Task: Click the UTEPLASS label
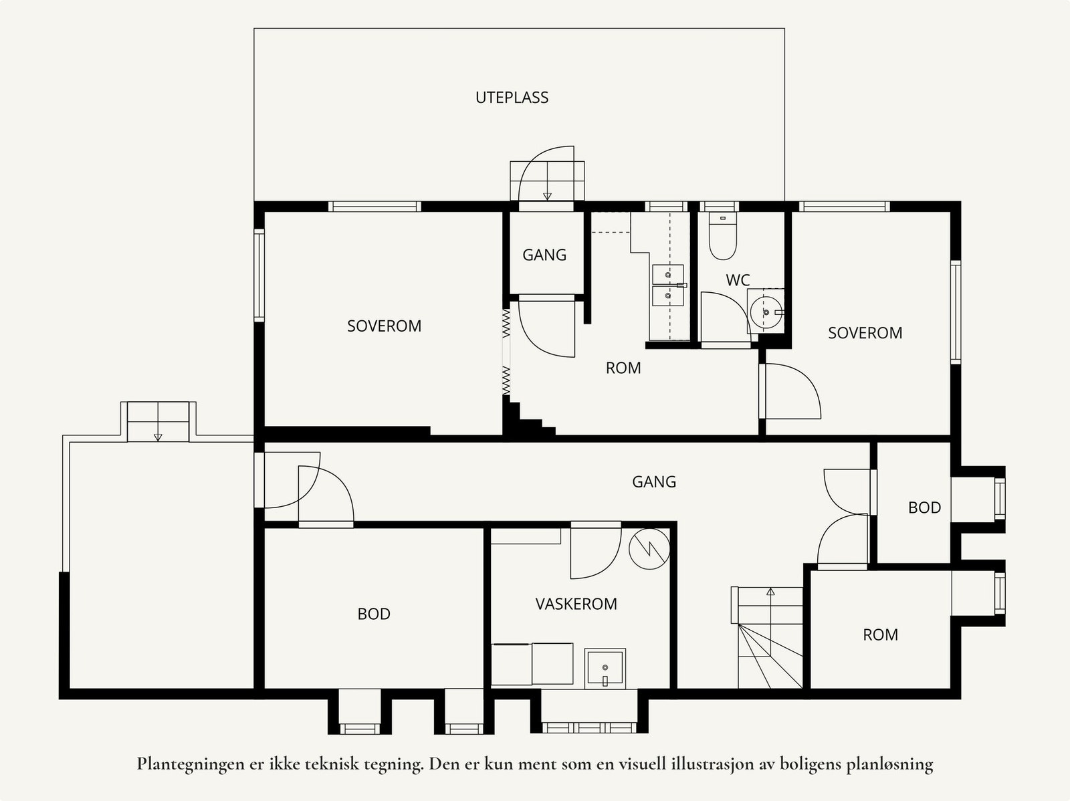512,98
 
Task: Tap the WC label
738,280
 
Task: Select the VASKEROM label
576,604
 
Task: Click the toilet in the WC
722,236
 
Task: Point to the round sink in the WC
766,312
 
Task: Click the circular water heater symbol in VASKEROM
649,549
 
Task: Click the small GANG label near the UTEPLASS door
544,255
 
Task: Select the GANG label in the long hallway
654,482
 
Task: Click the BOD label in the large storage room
374,614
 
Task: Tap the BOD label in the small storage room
924,507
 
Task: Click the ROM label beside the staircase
880,635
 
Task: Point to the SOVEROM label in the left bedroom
384,326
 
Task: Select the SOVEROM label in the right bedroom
865,333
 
